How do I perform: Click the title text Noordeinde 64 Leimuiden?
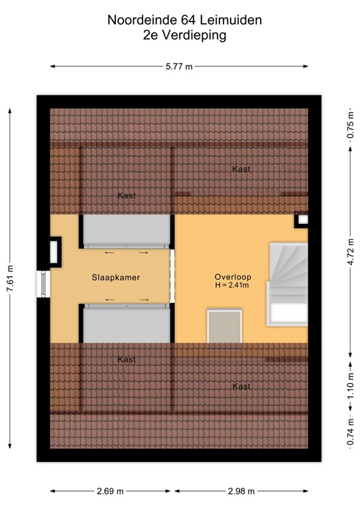pyautogui.click(x=184, y=21)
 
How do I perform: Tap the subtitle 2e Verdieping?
pyautogui.click(x=184, y=36)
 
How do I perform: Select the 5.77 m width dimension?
pyautogui.click(x=179, y=66)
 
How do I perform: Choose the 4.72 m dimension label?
pyautogui.click(x=349, y=253)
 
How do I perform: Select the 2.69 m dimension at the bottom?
pyautogui.click(x=110, y=491)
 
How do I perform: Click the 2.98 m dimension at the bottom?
pyautogui.click(x=240, y=491)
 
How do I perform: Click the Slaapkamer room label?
pyautogui.click(x=116, y=278)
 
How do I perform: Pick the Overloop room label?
pyautogui.click(x=232, y=276)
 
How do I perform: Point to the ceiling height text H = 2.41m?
pyautogui.click(x=232, y=286)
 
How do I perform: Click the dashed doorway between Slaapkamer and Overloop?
pyautogui.click(x=172, y=276)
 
